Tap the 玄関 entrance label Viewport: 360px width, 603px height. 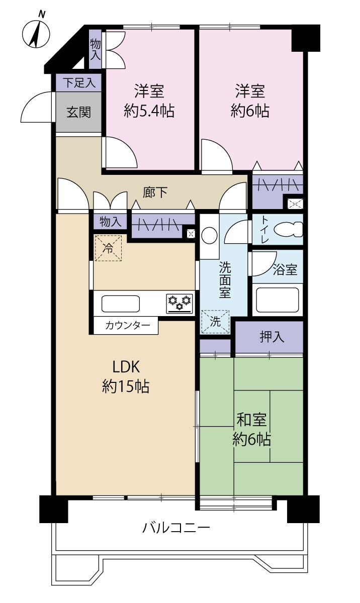coord(78,112)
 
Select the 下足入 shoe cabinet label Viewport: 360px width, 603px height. coord(79,82)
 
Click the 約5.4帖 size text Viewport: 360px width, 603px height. coord(149,111)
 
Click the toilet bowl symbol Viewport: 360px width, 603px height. coord(289,229)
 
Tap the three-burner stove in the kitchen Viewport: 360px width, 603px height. coord(180,304)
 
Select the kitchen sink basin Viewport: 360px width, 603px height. coord(121,304)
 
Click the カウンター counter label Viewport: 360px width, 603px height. coord(128,326)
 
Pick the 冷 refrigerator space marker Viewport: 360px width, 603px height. coord(108,248)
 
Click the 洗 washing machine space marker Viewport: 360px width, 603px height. coord(215,321)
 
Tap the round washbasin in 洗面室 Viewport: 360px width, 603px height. coord(210,235)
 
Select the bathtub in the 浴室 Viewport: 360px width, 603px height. coord(278,300)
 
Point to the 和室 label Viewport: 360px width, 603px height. coord(251,420)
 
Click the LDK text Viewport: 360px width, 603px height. coord(126,367)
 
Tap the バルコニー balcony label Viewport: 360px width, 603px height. coord(176,528)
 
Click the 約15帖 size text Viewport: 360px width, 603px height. coord(126,386)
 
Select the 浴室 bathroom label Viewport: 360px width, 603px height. coord(285,269)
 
